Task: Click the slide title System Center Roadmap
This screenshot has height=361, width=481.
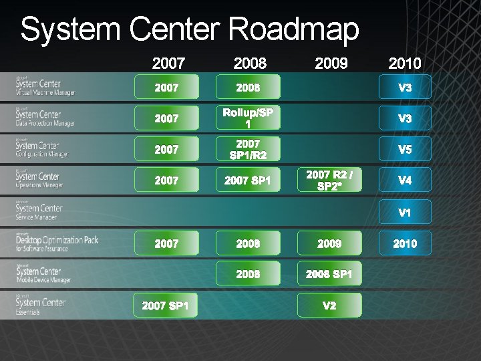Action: point(189,30)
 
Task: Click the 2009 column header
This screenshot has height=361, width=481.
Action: point(331,64)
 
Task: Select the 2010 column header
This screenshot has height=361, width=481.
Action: point(404,64)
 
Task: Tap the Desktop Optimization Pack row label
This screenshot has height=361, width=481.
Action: point(57,242)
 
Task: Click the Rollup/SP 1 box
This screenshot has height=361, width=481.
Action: point(248,118)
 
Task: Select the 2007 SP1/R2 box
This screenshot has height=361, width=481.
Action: point(248,149)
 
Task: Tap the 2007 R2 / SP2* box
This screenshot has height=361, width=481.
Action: point(329,180)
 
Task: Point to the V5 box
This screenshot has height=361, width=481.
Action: point(405,149)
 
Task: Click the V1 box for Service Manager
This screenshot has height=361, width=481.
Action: point(405,213)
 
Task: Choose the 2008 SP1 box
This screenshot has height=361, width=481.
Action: point(329,274)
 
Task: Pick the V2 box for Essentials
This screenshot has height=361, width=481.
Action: point(329,306)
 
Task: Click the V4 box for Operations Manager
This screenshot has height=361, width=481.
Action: point(405,180)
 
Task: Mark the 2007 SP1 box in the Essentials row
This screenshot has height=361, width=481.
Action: point(166,306)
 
